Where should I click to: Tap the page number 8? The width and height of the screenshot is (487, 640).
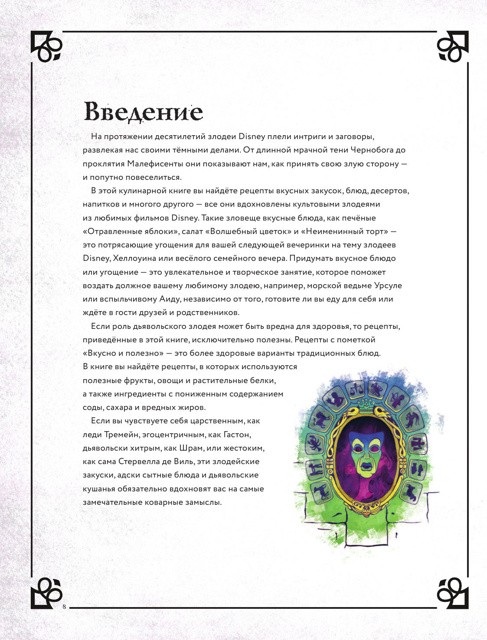[x=64, y=607]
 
